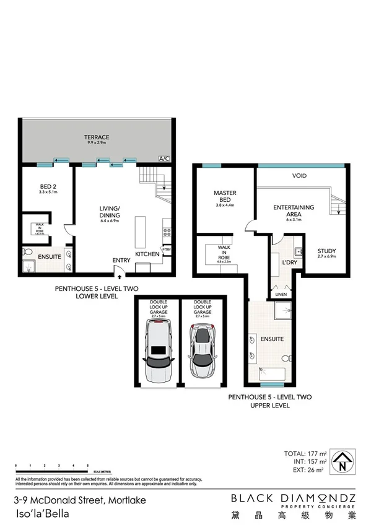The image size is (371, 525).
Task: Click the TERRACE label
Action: tap(97, 137)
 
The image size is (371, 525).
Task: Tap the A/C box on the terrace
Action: tap(164, 158)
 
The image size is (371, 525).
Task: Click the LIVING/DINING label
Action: tap(110, 212)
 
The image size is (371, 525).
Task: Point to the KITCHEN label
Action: tap(147, 254)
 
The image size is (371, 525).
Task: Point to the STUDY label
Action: tap(326, 251)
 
